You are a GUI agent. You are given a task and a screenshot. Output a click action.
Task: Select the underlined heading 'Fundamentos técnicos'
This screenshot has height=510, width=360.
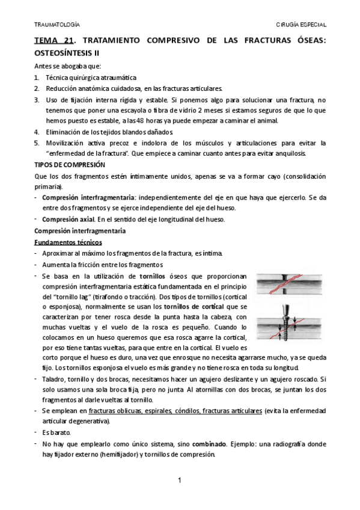pyautogui.click(x=68, y=242)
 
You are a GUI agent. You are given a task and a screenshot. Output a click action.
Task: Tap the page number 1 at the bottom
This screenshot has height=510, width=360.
pyautogui.click(x=179, y=479)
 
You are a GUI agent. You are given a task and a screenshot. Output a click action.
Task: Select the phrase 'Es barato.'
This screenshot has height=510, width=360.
pyautogui.click(x=56, y=432)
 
